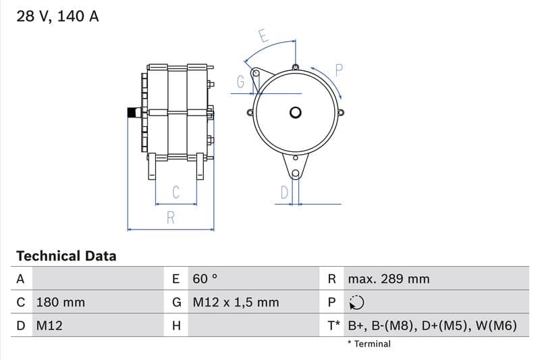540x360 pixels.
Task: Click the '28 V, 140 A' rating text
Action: click(57, 17)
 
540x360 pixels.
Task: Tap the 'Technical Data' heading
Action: click(66, 256)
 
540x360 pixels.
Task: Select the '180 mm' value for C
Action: click(60, 302)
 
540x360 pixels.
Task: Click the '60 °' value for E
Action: click(205, 278)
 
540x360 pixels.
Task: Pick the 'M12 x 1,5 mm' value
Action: click(236, 302)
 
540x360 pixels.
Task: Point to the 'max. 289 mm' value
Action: click(388, 278)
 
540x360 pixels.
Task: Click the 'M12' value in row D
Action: click(49, 326)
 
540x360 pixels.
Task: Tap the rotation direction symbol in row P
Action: click(357, 302)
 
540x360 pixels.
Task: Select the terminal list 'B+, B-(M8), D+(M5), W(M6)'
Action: click(432, 326)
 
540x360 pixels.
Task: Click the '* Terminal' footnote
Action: click(369, 344)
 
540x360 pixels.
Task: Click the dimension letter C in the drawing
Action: click(175, 192)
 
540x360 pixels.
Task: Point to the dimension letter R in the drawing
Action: click(171, 217)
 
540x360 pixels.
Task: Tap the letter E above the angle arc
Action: click(264, 36)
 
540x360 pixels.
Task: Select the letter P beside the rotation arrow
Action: click(340, 70)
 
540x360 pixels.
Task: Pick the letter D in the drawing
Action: click(284, 192)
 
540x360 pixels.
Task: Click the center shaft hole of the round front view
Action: click(296, 113)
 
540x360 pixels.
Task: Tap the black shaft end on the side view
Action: click(132, 113)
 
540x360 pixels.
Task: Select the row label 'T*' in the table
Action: click(333, 326)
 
